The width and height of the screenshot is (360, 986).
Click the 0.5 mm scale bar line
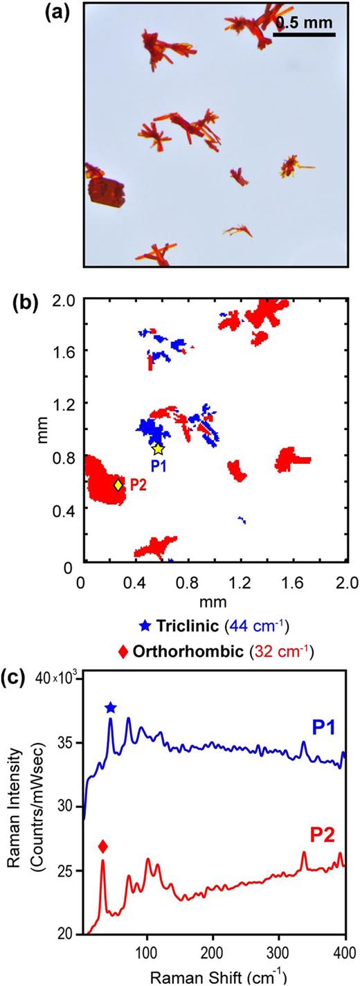306,34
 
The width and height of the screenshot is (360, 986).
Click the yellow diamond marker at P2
118,485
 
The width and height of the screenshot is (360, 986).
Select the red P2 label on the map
138,485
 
